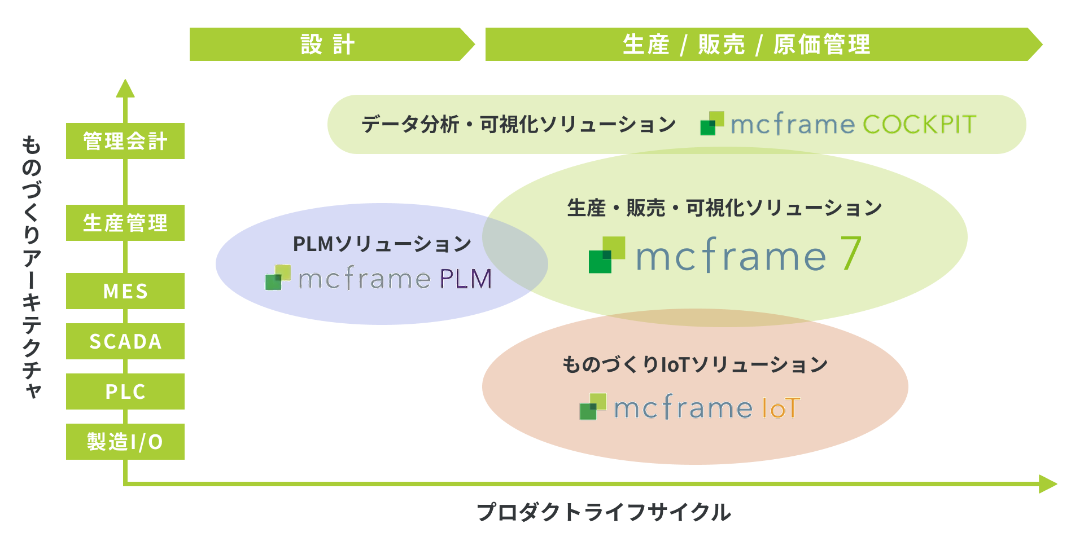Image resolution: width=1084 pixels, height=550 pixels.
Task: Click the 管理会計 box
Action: [125, 141]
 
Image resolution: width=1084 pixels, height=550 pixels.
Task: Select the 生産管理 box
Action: [125, 223]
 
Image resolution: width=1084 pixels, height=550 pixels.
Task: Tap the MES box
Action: [125, 291]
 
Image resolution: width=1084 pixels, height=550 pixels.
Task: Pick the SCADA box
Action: [125, 341]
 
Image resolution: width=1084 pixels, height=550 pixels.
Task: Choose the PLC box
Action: [125, 391]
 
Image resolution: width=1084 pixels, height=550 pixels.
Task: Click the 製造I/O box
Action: [125, 442]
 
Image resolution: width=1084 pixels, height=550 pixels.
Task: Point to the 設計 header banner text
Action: [327, 45]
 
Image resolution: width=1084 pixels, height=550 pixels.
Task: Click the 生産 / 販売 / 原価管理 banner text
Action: [746, 45]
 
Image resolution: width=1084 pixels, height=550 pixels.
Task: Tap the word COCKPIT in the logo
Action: [920, 125]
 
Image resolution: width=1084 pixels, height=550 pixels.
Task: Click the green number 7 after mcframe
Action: [851, 253]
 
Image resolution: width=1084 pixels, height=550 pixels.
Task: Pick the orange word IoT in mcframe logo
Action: [781, 408]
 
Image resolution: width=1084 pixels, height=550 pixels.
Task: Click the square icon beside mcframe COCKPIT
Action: [712, 124]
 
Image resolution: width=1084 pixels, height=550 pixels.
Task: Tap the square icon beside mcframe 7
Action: [607, 255]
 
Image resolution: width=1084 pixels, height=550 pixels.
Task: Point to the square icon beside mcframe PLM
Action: [278, 278]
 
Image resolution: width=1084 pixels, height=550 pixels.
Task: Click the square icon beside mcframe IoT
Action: [593, 407]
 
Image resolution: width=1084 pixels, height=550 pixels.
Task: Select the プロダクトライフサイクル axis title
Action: [604, 512]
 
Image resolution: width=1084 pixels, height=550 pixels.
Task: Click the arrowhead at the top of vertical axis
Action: [125, 88]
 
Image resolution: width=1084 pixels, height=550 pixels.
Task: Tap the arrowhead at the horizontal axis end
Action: [1048, 484]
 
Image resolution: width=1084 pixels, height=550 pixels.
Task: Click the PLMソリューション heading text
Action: [382, 244]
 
